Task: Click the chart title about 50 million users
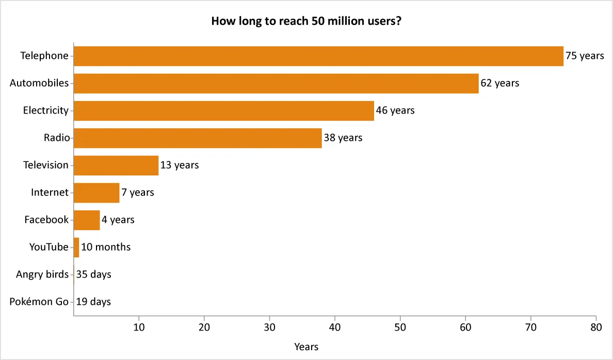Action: pyautogui.click(x=306, y=22)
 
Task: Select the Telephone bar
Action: pyautogui.click(x=318, y=56)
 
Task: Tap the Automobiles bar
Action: pyautogui.click(x=276, y=84)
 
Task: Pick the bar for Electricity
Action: pyautogui.click(x=224, y=111)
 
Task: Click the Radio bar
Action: pyautogui.click(x=198, y=138)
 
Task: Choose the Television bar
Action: pyautogui.click(x=116, y=166)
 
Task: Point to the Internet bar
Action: pyautogui.click(x=96, y=193)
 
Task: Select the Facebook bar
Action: pyautogui.click(x=87, y=220)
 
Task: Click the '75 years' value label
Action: pyautogui.click(x=585, y=56)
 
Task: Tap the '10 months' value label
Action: pyautogui.click(x=106, y=248)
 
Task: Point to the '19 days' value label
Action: pyautogui.click(x=93, y=302)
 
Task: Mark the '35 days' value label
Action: pyautogui.click(x=93, y=275)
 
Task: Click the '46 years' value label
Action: pyautogui.click(x=395, y=111)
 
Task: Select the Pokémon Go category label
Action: pyautogui.click(x=39, y=302)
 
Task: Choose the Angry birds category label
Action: pyautogui.click(x=42, y=275)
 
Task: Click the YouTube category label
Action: pyautogui.click(x=49, y=248)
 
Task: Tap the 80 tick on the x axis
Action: pyautogui.click(x=596, y=327)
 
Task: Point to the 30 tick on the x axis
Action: pyautogui.click(x=270, y=327)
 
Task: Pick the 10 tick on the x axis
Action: pyautogui.click(x=139, y=327)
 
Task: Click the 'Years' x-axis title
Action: pyautogui.click(x=306, y=347)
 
